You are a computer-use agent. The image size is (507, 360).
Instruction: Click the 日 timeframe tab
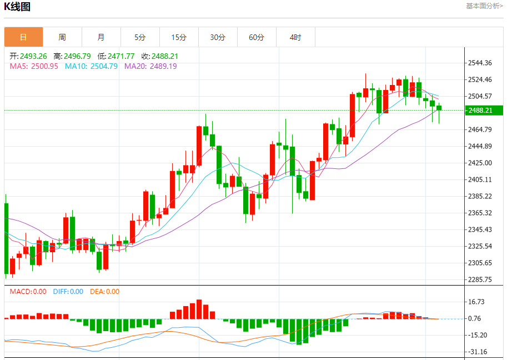23,37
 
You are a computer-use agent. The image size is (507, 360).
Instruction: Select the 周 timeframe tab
62,37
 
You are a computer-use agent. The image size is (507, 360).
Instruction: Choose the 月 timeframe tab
101,37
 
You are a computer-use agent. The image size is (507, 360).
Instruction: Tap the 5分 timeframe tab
140,37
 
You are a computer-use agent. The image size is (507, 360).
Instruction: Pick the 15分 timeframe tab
179,37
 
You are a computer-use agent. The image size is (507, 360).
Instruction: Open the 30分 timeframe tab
218,37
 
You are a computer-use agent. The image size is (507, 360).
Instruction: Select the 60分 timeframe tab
257,37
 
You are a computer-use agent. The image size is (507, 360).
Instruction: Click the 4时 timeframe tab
295,37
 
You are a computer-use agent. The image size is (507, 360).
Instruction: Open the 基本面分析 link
484,6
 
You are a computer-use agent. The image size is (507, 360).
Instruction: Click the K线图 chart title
17,7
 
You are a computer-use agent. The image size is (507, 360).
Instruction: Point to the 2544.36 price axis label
480,63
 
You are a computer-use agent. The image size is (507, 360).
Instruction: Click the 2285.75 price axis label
480,279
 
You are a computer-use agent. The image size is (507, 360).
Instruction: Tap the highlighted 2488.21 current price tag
485,110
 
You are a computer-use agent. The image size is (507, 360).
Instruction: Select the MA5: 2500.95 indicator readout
34,66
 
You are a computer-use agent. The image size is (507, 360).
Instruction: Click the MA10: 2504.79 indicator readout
91,66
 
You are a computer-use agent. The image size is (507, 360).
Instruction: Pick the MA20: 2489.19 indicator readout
150,66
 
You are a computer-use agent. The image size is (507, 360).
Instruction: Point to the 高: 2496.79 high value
72,56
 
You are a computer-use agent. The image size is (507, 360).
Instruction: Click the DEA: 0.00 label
104,291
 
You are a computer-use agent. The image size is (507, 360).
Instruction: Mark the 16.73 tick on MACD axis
478,302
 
